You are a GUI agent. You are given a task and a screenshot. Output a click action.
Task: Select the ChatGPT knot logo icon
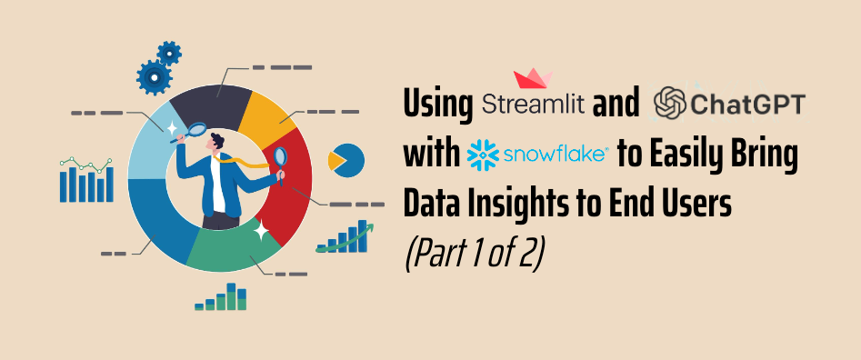pyautogui.click(x=671, y=104)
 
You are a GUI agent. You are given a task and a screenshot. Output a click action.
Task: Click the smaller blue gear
pyautogui.click(x=169, y=52)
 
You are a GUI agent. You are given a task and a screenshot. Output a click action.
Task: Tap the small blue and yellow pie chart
pyautogui.click(x=345, y=160)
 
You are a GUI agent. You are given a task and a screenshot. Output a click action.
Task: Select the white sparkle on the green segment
pyautogui.click(x=261, y=232)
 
